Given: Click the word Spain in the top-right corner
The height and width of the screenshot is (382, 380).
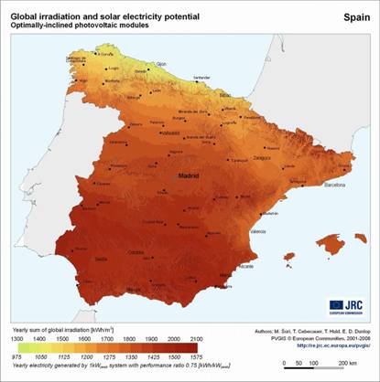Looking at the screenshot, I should click(x=355, y=16).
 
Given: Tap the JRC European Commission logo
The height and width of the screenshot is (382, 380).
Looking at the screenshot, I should click(x=342, y=306).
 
